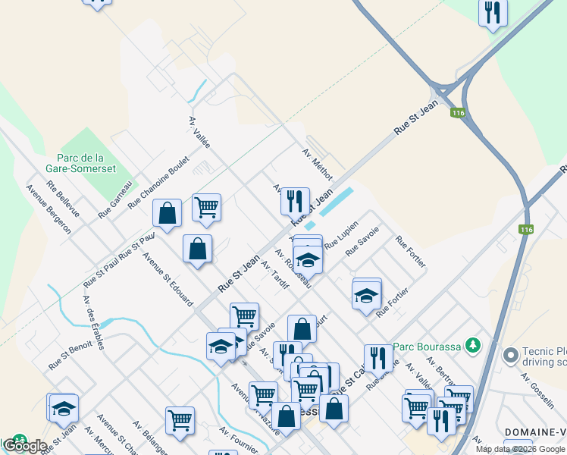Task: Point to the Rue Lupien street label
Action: tap(341, 235)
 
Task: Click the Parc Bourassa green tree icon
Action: tap(474, 345)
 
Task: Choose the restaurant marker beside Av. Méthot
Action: tap(295, 202)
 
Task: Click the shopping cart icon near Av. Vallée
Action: tap(206, 206)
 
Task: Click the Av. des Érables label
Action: tap(94, 316)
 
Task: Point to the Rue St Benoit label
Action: tap(70, 354)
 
